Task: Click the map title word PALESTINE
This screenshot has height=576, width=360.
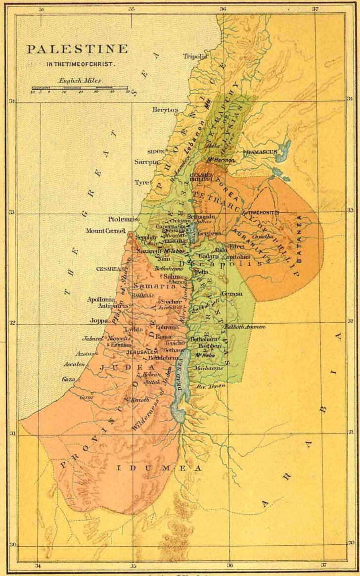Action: coord(77,49)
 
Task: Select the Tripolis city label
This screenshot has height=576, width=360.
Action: coord(195,56)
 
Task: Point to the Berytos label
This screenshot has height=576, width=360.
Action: coord(164,109)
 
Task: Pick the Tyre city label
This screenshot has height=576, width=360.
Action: coord(141,183)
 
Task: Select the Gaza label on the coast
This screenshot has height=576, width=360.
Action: coord(68,379)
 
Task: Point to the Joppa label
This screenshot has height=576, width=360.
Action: coord(99,320)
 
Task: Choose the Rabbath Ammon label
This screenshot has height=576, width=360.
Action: coord(244,327)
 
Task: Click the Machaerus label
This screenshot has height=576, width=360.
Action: coord(209,368)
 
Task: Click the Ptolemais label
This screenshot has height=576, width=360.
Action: coord(121,219)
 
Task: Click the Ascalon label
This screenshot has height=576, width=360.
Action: coord(74,364)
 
